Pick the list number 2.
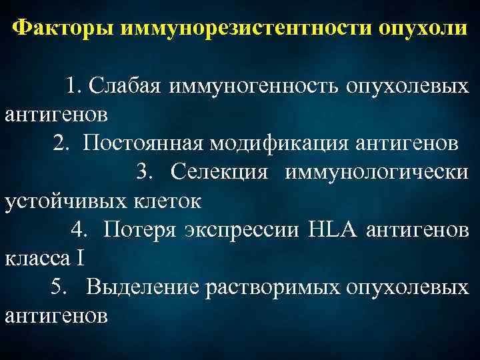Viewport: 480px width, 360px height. click(61, 143)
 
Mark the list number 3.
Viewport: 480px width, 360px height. click(145, 171)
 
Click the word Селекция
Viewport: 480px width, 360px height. click(219, 171)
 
